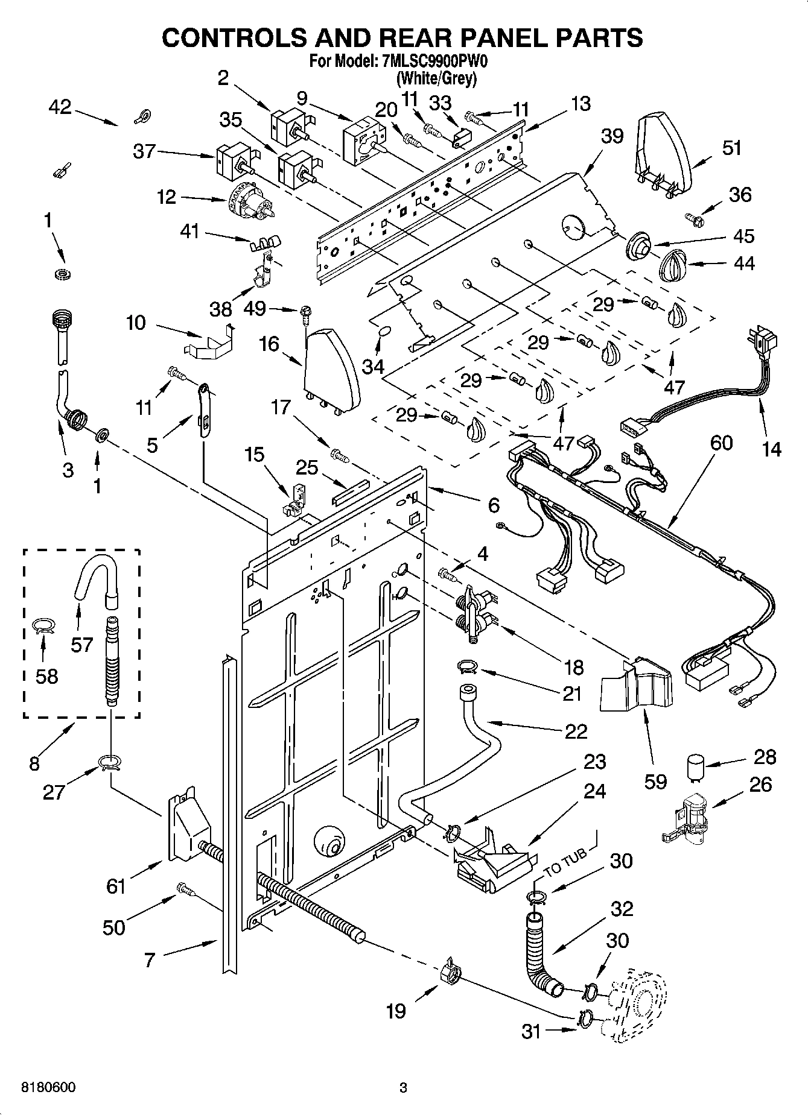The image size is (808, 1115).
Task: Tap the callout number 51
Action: (731, 148)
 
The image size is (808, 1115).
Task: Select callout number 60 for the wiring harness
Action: (721, 443)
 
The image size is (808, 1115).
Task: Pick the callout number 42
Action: (60, 107)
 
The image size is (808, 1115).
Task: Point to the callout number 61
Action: (116, 886)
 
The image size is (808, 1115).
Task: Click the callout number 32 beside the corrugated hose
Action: (622, 908)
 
